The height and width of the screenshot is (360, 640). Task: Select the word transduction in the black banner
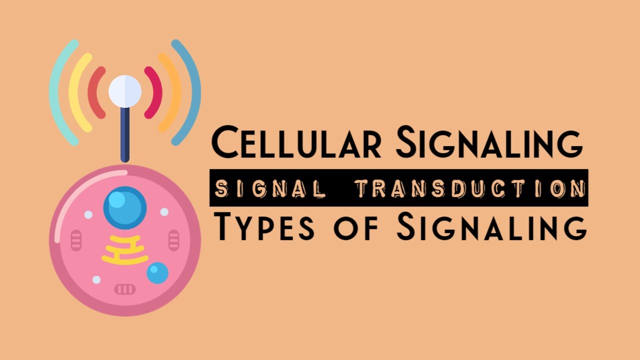(470, 188)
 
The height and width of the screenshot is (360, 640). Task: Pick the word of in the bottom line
(355, 228)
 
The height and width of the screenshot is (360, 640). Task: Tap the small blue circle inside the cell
(157, 273)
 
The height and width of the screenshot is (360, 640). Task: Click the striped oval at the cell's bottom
(125, 289)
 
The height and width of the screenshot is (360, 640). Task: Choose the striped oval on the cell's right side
(173, 240)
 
